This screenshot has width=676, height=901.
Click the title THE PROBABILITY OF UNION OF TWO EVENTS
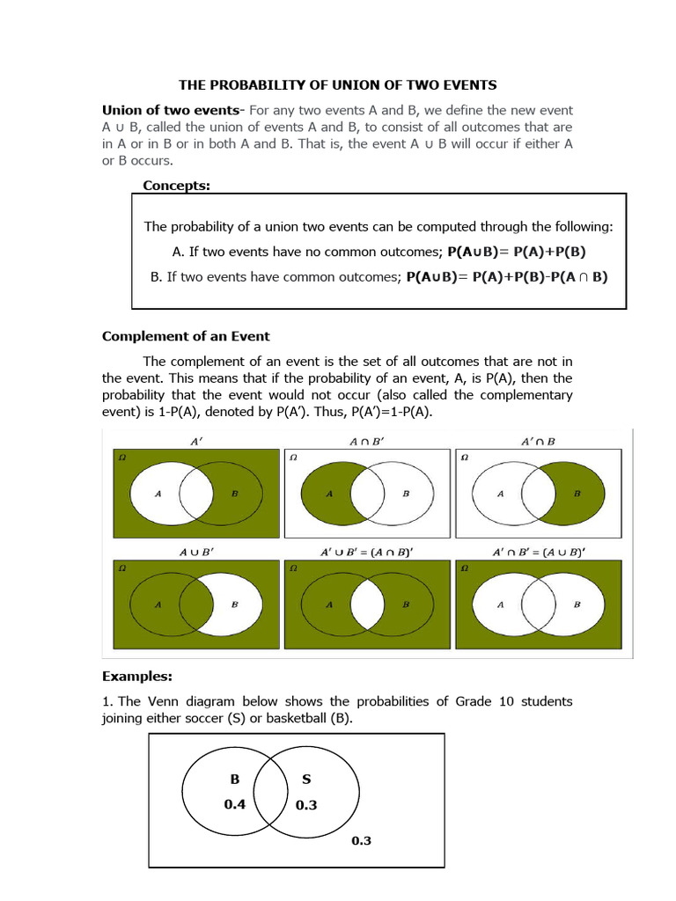click(x=338, y=85)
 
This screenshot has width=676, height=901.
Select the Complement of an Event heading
click(x=186, y=336)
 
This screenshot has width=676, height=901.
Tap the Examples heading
click(x=136, y=677)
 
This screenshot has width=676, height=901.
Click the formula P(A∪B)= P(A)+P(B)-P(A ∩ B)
click(x=506, y=276)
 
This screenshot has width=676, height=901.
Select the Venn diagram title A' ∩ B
click(x=538, y=441)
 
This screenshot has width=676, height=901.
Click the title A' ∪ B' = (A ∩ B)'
click(x=367, y=552)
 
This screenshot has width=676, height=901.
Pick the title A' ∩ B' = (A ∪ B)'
click(x=538, y=552)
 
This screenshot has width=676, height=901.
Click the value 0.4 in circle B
click(x=234, y=803)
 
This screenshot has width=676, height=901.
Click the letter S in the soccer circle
click(x=305, y=779)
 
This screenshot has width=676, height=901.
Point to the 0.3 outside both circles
click(x=361, y=840)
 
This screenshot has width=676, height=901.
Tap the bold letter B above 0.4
click(x=234, y=779)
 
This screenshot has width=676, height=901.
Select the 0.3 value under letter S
click(x=305, y=804)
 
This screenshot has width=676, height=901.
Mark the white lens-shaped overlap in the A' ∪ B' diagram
click(x=367, y=604)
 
